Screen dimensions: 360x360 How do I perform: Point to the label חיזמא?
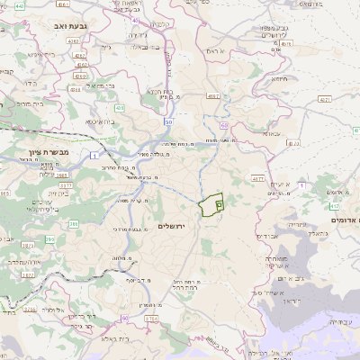click(x=280, y=77)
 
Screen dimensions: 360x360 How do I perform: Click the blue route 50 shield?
click(x=168, y=120)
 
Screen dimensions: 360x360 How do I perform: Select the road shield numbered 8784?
click(x=150, y=319)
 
